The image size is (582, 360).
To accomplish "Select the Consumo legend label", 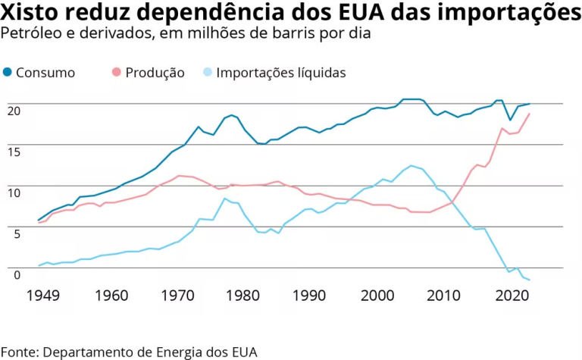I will pos(46,73).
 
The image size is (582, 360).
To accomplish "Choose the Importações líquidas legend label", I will pos(281,73).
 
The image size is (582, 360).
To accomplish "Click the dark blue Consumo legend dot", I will pos(8,73).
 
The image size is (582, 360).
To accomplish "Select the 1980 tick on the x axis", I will pos(242,295).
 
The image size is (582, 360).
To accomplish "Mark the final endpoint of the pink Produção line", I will pos(529,114).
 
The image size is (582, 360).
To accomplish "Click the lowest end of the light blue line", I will pos(529,280).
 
